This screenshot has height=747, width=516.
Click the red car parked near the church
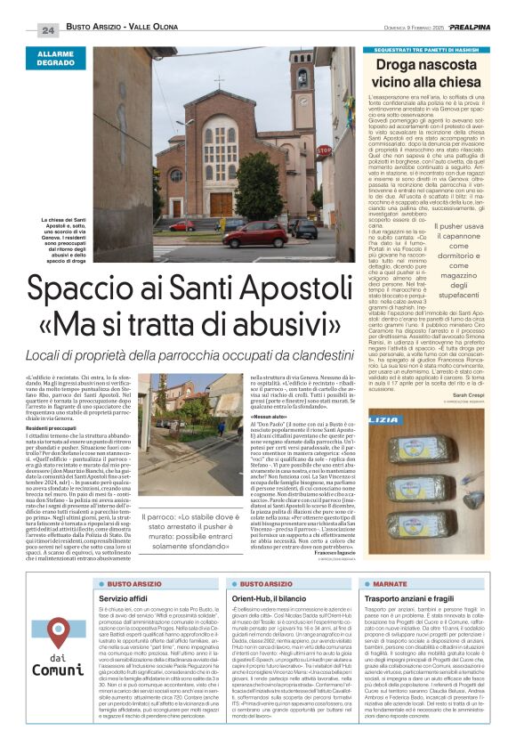254,235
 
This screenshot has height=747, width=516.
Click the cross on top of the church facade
219,82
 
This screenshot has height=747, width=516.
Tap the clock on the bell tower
302,75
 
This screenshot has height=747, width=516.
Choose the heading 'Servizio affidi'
125,599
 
